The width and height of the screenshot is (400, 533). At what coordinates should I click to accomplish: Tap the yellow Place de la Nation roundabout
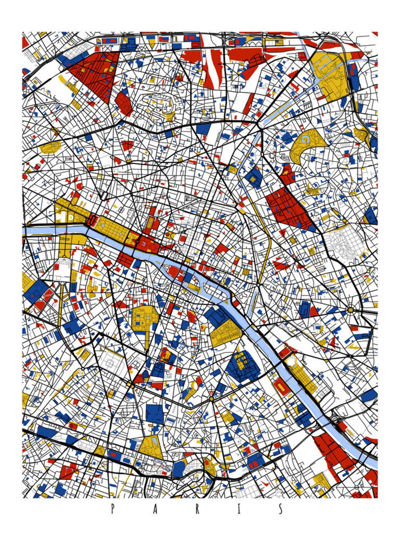point(350,310)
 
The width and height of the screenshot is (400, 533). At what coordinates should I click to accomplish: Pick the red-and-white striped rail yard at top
point(212,68)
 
